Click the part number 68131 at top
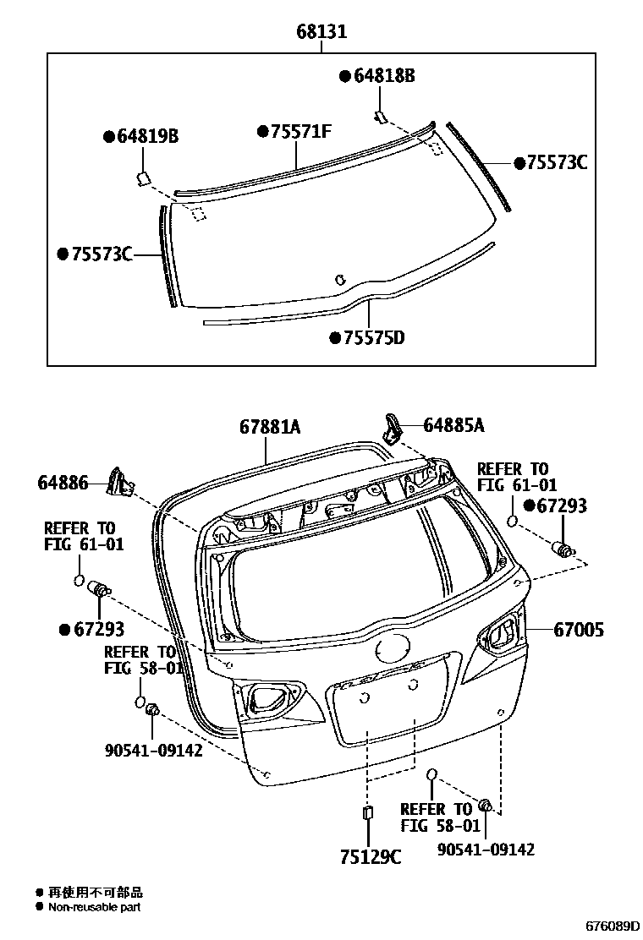pos(321,33)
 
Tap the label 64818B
pos(383,76)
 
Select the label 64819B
pos(146,137)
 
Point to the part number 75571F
pos(300,132)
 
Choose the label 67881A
pos(270,429)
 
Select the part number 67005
pos(579,629)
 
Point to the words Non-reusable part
pos(94,907)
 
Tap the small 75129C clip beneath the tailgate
pos(367,813)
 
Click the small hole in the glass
pos(340,279)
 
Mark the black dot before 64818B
pos(344,76)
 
